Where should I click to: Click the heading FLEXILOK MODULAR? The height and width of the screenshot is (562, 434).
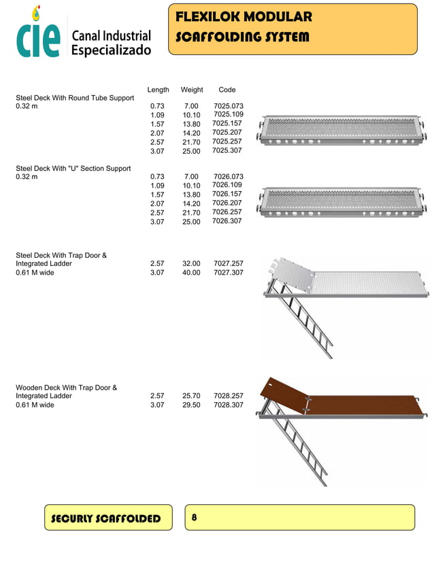coord(244,17)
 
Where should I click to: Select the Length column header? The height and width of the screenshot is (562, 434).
coord(158,90)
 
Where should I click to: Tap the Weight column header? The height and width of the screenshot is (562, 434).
coord(192,90)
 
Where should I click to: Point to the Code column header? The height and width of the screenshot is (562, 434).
coord(227,90)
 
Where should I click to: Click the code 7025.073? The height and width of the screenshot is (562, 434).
coord(228,106)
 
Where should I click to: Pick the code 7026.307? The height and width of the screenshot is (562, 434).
coord(227,221)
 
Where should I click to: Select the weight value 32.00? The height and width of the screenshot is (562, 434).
coord(191,263)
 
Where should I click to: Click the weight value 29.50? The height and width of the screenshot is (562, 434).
coord(191,405)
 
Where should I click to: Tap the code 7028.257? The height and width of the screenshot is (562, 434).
coord(228,395)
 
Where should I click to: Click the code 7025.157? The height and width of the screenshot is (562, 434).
coord(227,124)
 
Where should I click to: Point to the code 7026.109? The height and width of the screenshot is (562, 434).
coord(227,185)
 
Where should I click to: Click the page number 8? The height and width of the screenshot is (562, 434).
coord(195,518)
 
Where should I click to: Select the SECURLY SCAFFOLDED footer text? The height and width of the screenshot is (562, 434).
coord(106,519)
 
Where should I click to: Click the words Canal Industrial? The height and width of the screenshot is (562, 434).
coord(111,35)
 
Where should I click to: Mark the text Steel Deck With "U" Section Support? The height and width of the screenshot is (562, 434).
coord(73,168)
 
